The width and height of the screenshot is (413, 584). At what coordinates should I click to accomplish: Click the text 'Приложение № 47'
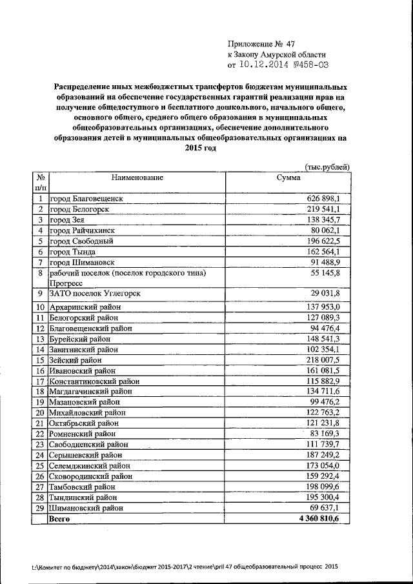[261, 44]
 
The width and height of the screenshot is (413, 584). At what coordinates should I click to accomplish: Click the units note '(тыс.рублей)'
[327, 166]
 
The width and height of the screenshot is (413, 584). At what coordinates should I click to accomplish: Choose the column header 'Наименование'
[137, 177]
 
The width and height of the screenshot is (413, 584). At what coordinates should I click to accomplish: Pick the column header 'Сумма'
[288, 177]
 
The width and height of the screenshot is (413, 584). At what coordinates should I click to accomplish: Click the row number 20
[40, 412]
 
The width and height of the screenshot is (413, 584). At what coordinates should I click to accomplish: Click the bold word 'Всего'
[60, 518]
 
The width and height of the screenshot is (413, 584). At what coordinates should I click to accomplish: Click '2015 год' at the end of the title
[199, 148]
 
